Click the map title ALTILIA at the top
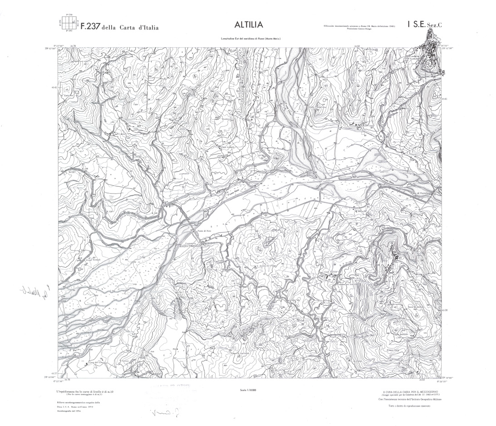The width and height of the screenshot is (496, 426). tap(249, 24)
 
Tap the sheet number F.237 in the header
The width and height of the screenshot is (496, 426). tap(90, 27)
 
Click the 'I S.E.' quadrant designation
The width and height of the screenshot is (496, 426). tap(416, 25)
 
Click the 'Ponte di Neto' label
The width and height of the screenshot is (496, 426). tap(204, 231)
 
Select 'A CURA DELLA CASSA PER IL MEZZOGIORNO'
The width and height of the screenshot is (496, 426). tap(408, 391)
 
